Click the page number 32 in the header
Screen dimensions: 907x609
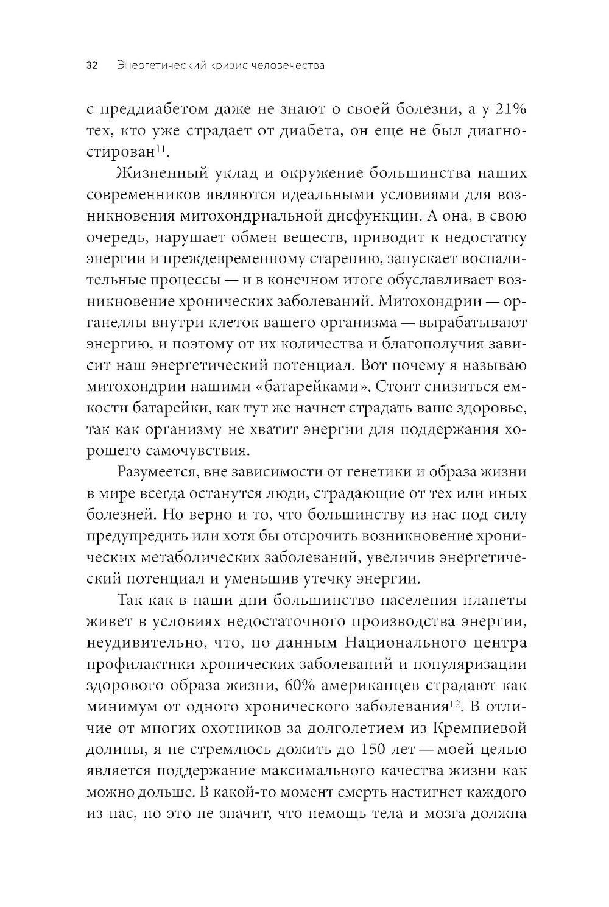pos(93,66)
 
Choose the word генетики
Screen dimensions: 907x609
pos(393,472)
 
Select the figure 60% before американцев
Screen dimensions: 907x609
pos(301,686)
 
